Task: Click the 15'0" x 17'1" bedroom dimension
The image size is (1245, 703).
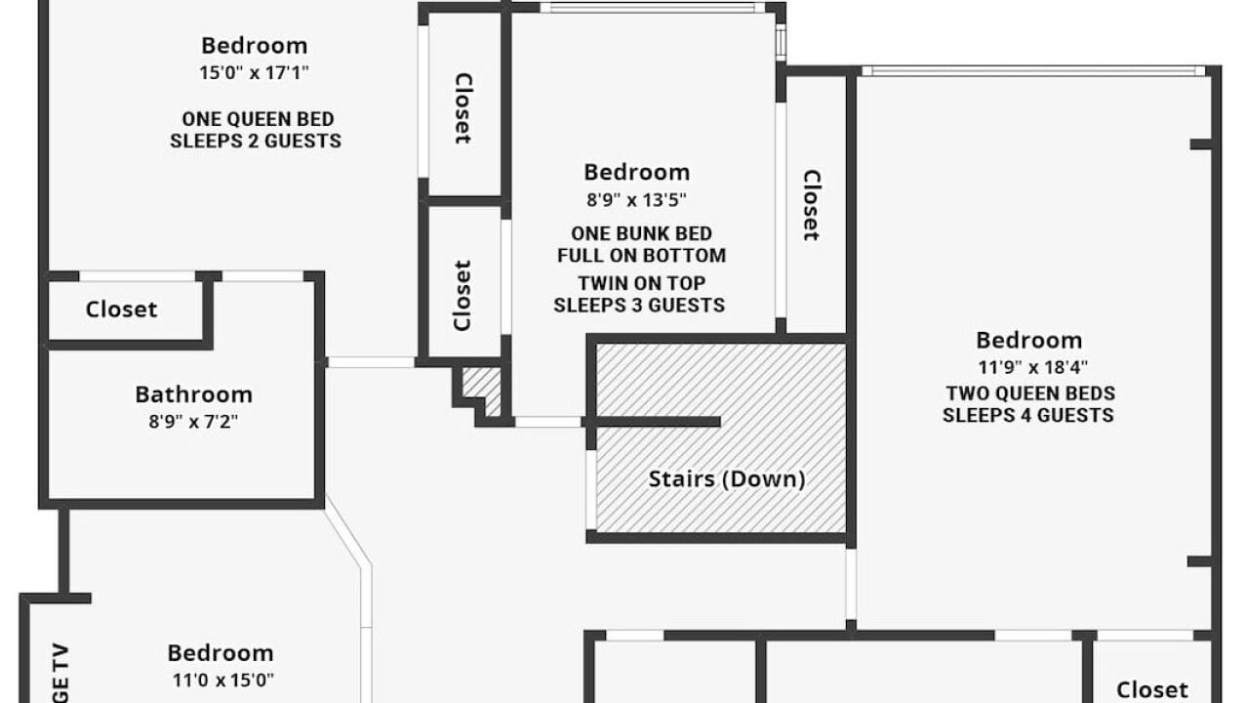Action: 254,73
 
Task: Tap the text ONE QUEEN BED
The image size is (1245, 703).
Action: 258,119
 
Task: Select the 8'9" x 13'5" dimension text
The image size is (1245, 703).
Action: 637,199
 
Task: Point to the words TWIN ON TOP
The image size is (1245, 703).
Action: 642,283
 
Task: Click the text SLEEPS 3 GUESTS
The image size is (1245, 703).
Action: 639,306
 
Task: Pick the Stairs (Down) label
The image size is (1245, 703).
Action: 727,479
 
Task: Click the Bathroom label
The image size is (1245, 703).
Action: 194,394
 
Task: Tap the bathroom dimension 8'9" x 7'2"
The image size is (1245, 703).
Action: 193,422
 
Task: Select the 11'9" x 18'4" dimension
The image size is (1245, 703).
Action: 1032,367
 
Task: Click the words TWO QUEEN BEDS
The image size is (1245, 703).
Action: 1031,393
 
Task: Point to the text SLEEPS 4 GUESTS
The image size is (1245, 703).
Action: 1028,416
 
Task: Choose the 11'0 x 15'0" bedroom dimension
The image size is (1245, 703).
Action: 222,681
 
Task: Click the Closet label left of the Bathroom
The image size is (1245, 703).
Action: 121,310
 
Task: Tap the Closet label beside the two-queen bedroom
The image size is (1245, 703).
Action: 812,205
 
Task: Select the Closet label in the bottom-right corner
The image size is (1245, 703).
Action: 1152,690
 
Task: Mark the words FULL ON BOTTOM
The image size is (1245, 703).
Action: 642,256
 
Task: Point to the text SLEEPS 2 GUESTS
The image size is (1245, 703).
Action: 256,142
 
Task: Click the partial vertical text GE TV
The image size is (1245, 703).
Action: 60,673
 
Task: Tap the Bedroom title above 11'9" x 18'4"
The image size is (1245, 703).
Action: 1029,341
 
